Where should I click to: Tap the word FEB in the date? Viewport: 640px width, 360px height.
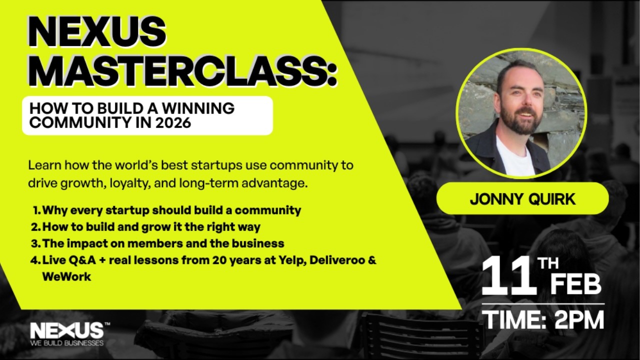575,284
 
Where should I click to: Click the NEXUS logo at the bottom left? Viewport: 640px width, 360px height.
66,330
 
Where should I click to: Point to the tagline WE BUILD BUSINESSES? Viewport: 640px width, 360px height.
66,343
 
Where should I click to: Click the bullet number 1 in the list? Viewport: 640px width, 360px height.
36,210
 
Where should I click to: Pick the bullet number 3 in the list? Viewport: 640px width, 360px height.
35,243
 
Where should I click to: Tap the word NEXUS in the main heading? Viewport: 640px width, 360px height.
96,33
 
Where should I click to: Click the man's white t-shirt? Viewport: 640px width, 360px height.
515,157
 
